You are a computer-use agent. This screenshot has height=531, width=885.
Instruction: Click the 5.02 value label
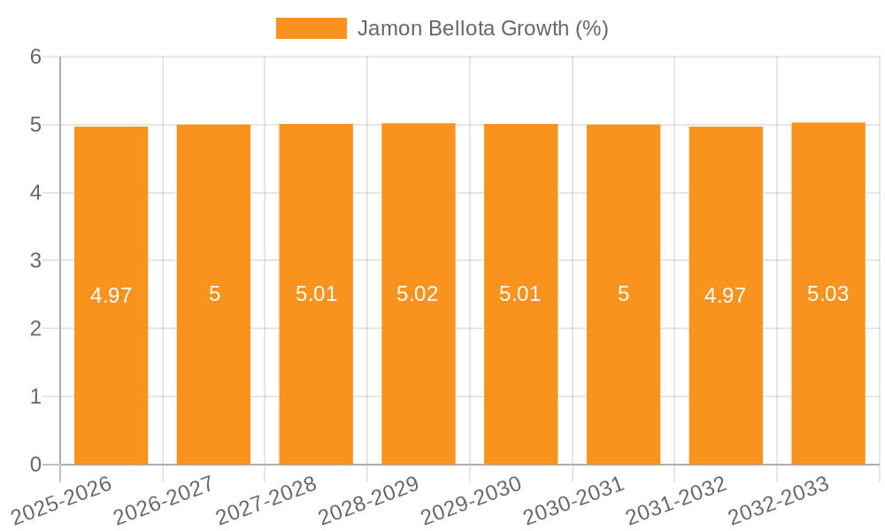click(x=418, y=294)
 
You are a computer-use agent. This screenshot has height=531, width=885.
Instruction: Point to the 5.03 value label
click(x=828, y=294)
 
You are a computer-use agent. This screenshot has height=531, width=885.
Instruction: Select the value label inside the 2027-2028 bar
click(x=316, y=294)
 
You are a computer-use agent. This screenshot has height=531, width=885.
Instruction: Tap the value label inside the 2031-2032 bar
click(x=726, y=296)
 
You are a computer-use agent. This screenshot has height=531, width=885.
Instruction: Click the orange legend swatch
click(x=311, y=28)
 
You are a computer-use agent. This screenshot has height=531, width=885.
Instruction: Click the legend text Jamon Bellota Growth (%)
click(x=483, y=28)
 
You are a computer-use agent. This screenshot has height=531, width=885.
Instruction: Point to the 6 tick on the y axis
click(x=35, y=57)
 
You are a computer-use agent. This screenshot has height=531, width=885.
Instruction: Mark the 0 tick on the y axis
click(x=35, y=465)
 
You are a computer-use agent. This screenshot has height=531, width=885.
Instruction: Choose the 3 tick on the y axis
click(x=35, y=261)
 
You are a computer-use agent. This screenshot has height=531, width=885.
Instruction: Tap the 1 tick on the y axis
click(x=35, y=396)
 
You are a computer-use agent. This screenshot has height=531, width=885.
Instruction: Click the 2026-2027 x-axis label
click(x=164, y=500)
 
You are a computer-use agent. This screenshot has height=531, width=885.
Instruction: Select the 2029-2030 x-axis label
click(x=472, y=500)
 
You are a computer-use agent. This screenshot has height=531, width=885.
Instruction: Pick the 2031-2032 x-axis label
click(x=676, y=500)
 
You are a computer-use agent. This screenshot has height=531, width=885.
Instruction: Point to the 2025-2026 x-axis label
click(x=62, y=500)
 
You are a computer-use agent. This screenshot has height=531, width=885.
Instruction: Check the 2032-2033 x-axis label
click(x=779, y=500)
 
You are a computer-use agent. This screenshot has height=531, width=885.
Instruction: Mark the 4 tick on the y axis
click(x=35, y=193)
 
